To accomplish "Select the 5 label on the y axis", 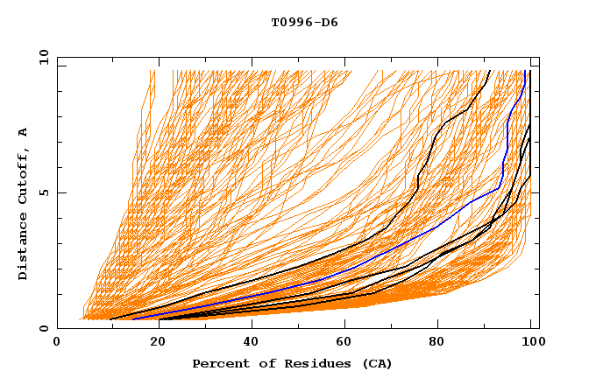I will tap(43, 192).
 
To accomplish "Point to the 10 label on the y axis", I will tap(40, 57).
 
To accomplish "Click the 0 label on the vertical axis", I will tap(43, 328).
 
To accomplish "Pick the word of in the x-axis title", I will tap(261, 363).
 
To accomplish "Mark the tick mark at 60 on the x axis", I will tap(349, 325).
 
